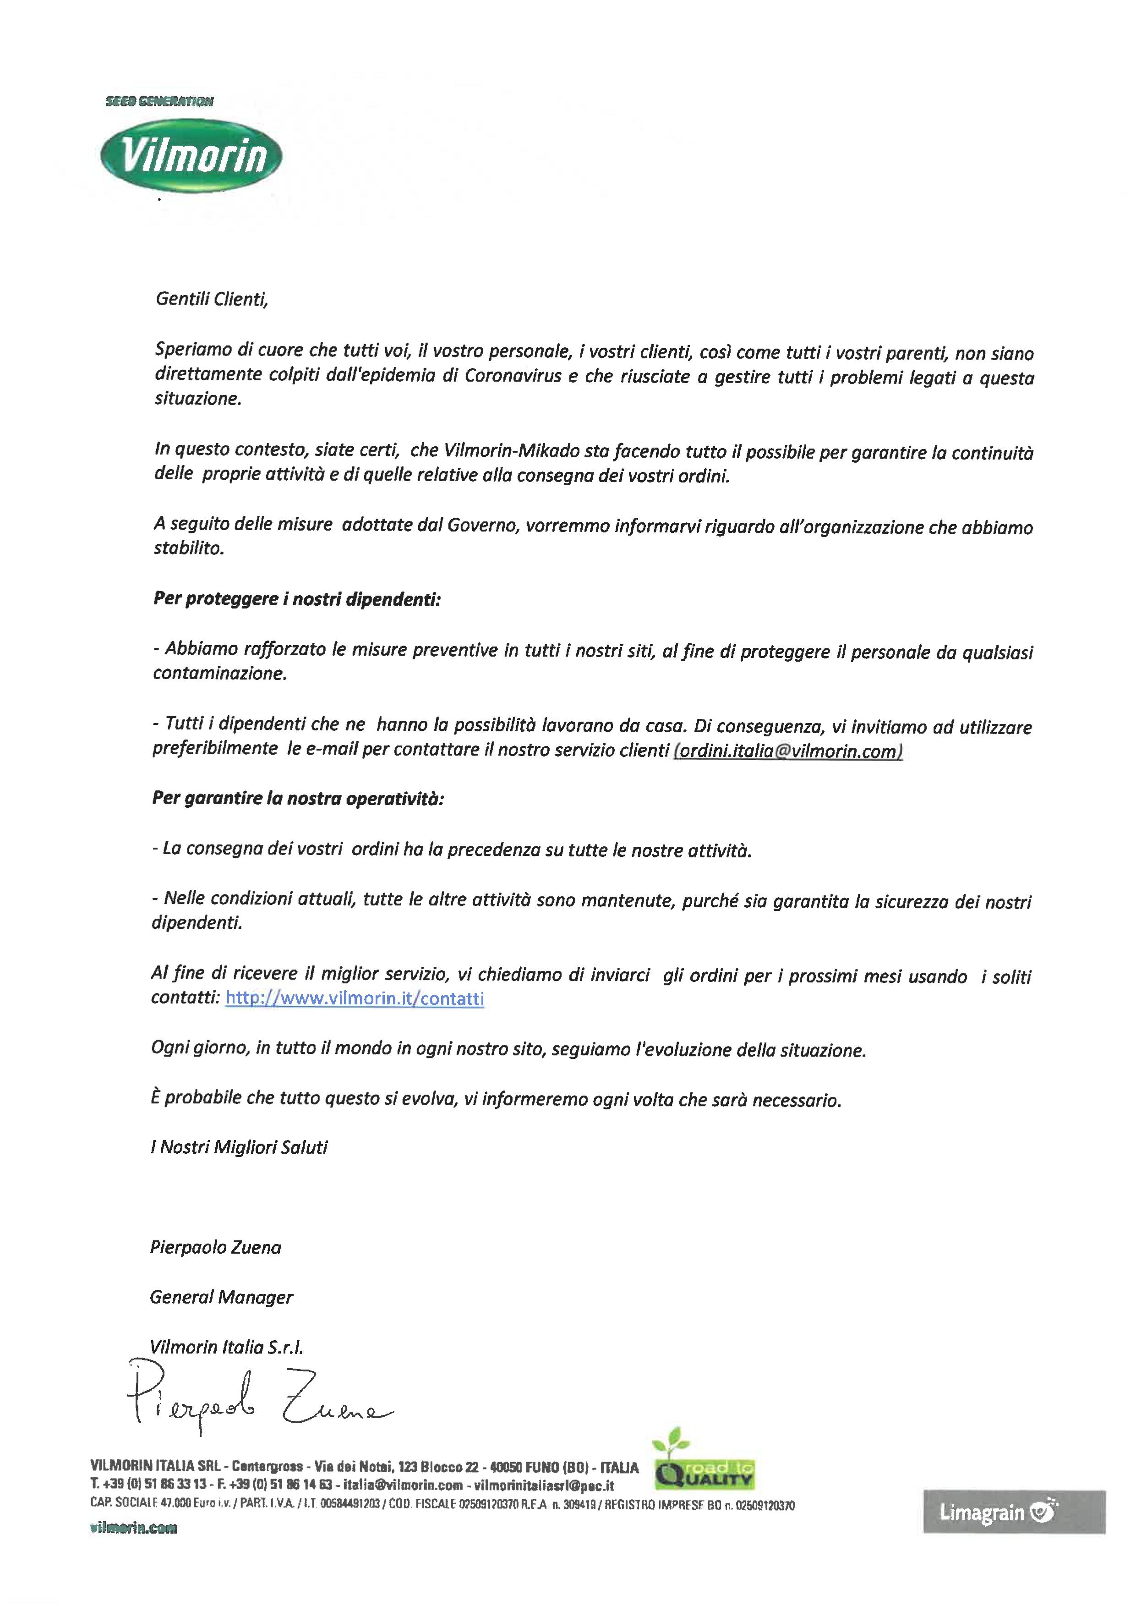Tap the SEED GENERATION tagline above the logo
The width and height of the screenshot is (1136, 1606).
(x=159, y=101)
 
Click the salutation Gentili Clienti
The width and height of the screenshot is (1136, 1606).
(x=211, y=300)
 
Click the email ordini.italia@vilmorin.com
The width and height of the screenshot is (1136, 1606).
(x=788, y=751)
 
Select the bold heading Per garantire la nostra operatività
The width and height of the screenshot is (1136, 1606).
(x=298, y=799)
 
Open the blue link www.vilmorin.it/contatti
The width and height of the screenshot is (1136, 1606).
(x=355, y=998)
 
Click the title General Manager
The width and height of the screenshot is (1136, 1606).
(x=221, y=1297)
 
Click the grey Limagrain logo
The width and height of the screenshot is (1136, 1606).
(x=1014, y=1512)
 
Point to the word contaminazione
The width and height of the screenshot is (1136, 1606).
(x=220, y=674)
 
